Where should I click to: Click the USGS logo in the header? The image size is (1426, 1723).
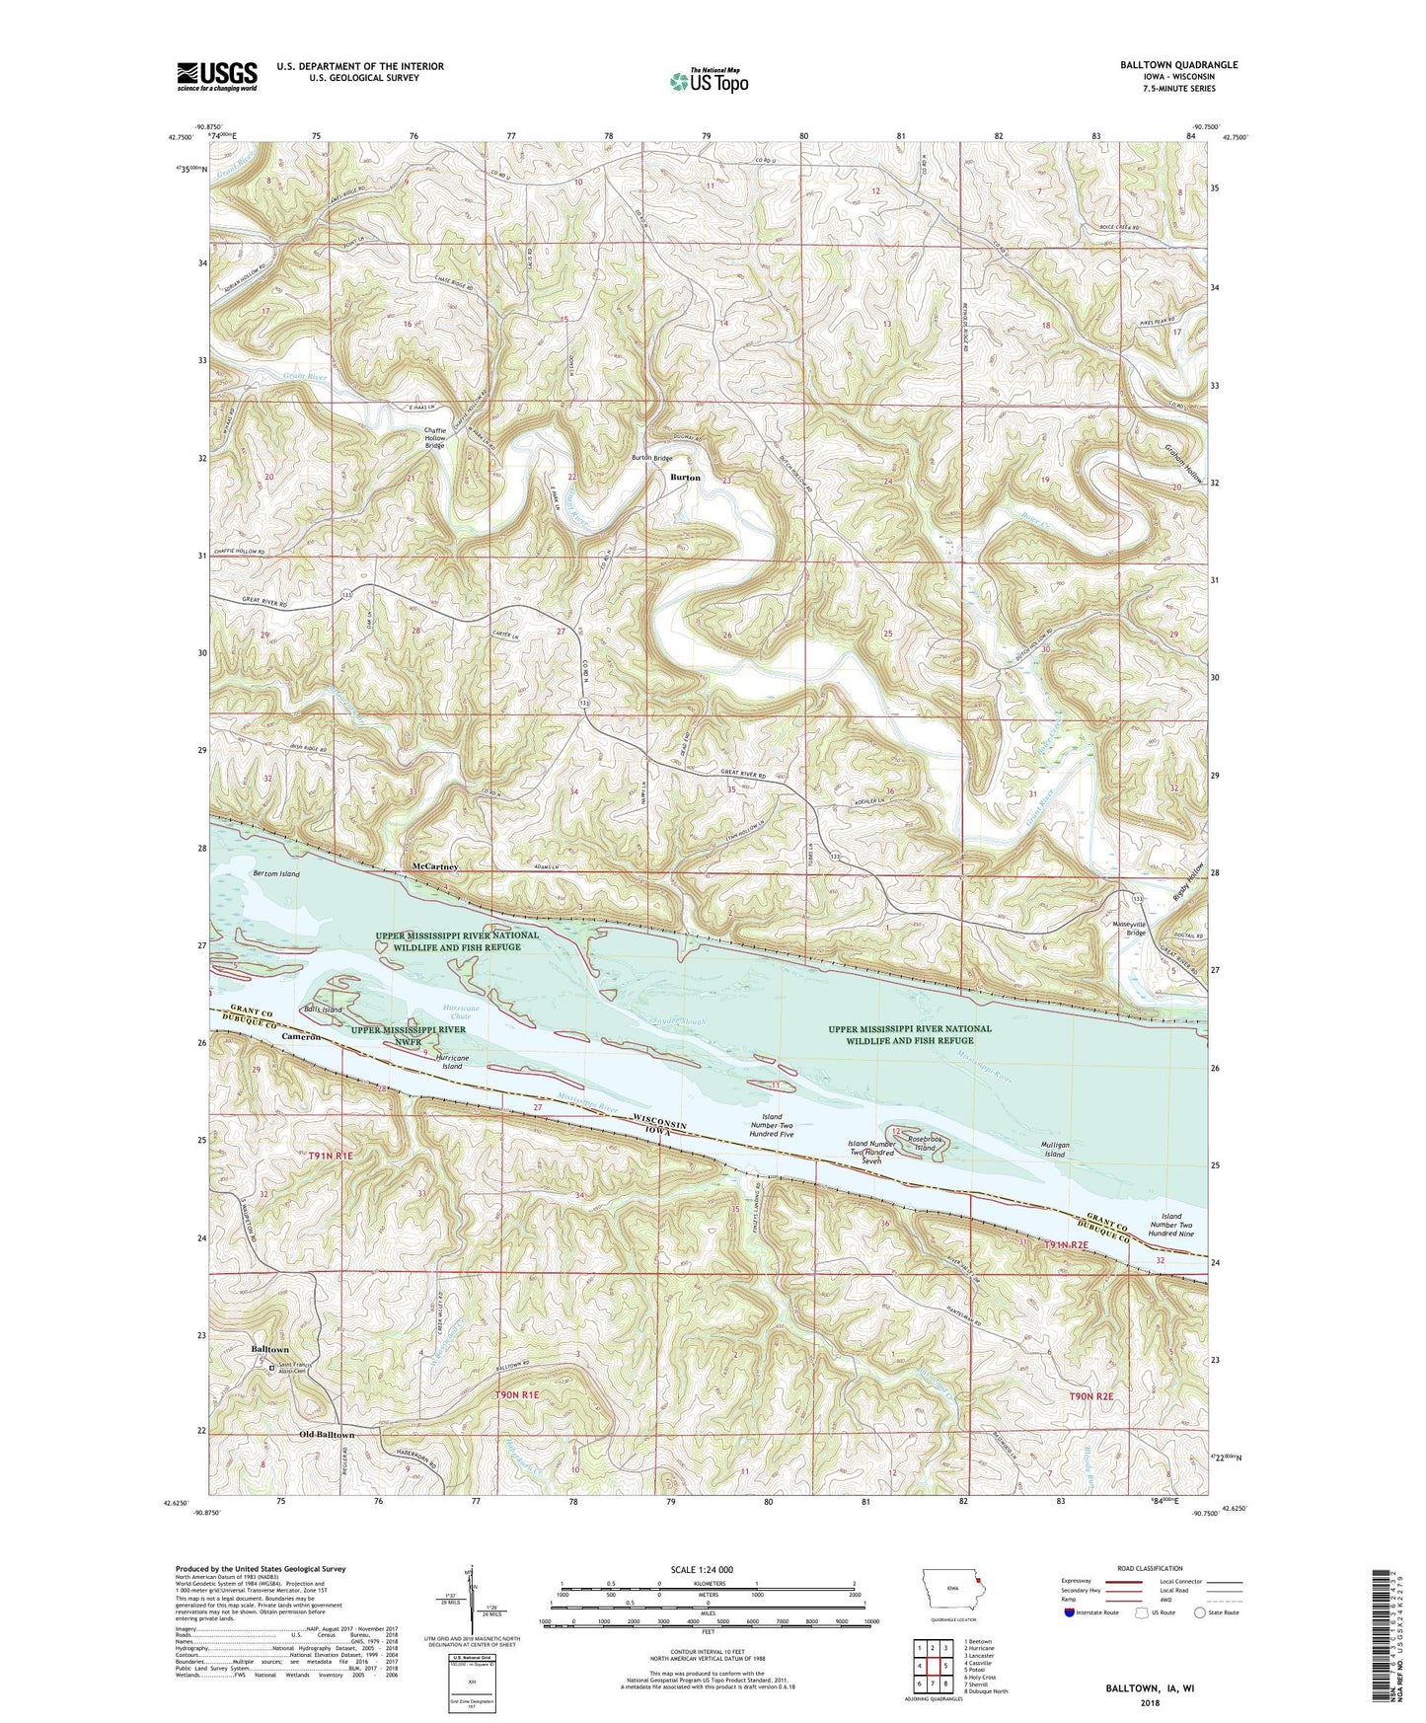[217, 75]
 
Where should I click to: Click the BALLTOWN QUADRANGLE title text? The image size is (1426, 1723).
[1178, 65]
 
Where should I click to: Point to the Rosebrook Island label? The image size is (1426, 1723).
[925, 1144]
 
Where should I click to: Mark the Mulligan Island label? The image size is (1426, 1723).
[1055, 1149]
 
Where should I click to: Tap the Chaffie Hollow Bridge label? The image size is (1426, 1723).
[435, 437]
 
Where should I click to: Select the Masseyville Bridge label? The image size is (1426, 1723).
[1129, 928]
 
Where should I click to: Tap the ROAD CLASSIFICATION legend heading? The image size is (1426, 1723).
[1151, 1568]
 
